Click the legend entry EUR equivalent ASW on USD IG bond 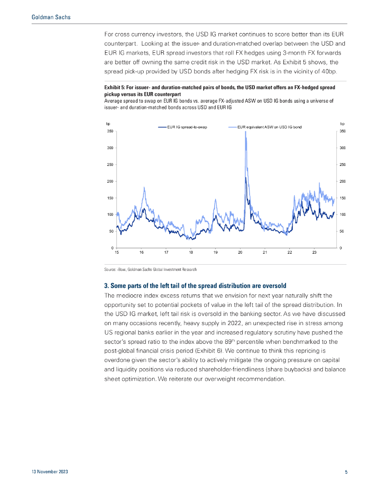point(269,127)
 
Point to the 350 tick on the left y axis point(110,131)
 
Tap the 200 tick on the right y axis point(342,181)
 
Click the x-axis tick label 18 point(191,252)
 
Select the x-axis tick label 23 point(314,252)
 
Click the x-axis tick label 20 point(240,252)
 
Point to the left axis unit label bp point(108,124)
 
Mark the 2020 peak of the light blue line point(246,132)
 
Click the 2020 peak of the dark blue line point(246,178)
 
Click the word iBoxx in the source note point(122,269)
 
